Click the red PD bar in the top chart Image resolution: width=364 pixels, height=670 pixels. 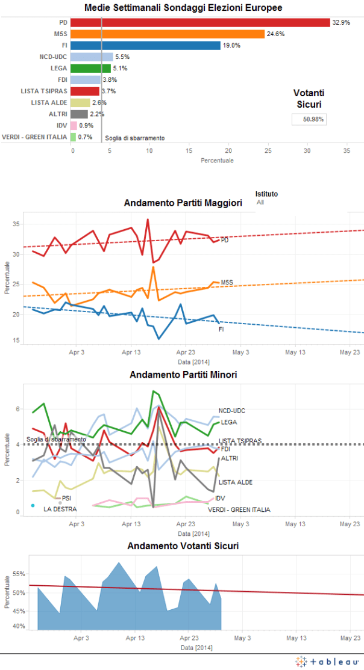pyautogui.click(x=200, y=22)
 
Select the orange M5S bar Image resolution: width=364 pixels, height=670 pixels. pyautogui.click(x=168, y=34)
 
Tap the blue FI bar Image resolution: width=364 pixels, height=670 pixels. pyautogui.click(x=145, y=45)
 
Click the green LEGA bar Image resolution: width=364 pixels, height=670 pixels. pyautogui.click(x=90, y=68)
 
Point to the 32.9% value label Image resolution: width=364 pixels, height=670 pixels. pyautogui.click(x=340, y=22)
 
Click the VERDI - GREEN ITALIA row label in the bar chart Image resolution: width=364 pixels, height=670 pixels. pyautogui.click(x=34, y=137)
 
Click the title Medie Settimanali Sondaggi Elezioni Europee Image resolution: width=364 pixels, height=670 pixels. pyautogui.click(x=183, y=8)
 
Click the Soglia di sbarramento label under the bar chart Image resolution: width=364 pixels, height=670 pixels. pyautogui.click(x=135, y=138)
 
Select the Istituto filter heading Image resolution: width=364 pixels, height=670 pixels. pyautogui.click(x=266, y=194)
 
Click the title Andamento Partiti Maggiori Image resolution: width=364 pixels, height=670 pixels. pyautogui.click(x=183, y=203)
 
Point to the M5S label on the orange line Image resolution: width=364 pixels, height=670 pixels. pyautogui.click(x=227, y=282)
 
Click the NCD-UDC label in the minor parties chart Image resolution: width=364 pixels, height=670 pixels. pyautogui.click(x=231, y=411)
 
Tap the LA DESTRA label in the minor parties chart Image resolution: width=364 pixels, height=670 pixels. pyautogui.click(x=59, y=509)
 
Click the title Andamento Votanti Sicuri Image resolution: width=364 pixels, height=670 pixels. pyautogui.click(x=183, y=546)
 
